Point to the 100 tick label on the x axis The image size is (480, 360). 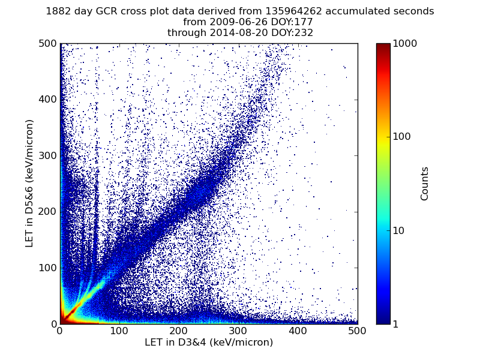[119, 331]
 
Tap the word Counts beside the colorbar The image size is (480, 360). [425, 184]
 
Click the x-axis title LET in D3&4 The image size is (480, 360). [209, 343]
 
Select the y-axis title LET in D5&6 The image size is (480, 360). [29, 183]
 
